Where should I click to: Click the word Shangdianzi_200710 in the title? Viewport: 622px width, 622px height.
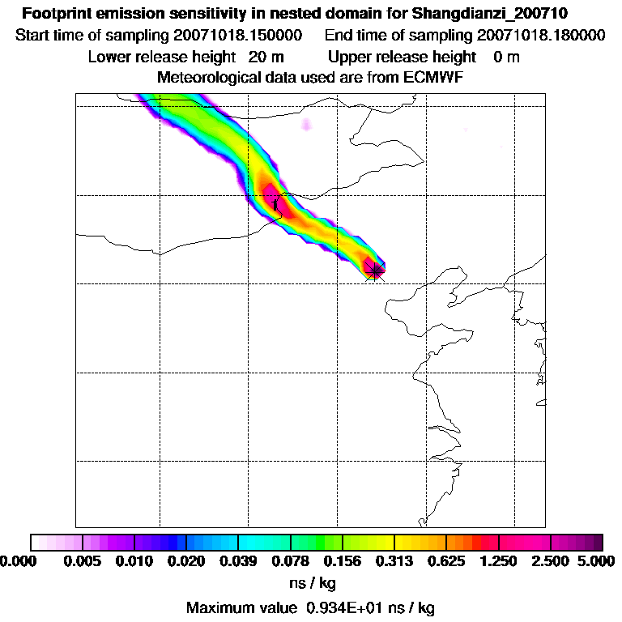coord(501,14)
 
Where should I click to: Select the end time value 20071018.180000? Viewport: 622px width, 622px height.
coord(541,36)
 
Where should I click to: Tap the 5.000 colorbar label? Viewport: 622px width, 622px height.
coord(598,561)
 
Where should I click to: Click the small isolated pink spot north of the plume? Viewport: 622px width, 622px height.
coord(306,124)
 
